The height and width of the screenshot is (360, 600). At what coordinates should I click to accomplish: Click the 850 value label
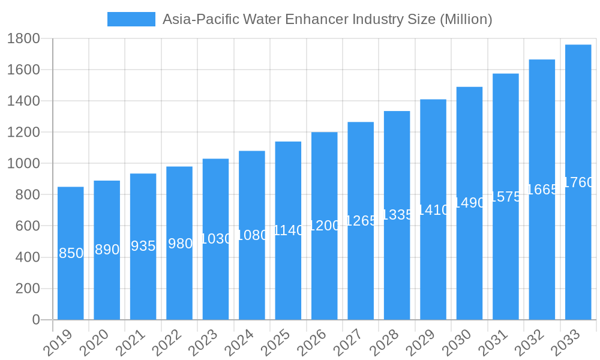point(71,253)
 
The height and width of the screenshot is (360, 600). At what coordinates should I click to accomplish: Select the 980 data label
point(180,244)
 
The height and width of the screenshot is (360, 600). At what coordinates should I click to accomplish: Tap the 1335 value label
point(397,215)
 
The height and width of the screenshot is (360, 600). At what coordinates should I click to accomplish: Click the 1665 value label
point(542,190)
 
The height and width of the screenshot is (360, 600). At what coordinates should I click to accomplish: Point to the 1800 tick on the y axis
point(23,38)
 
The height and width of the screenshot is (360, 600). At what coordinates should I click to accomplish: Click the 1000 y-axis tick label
point(23,163)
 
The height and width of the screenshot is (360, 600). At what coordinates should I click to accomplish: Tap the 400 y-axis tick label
point(27,257)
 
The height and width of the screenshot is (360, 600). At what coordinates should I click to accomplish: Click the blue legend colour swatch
point(131,19)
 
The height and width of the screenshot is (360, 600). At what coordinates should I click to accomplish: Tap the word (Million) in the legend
point(466,19)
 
